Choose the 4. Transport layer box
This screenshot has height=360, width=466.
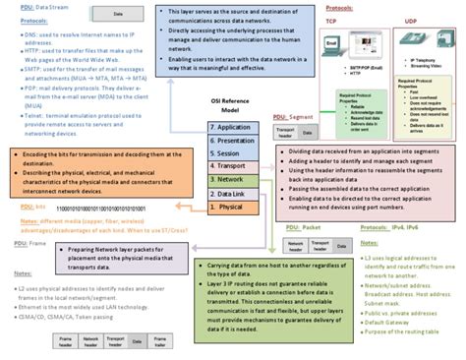point(232,167)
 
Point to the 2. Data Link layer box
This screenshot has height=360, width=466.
point(233,195)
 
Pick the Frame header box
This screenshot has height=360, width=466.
point(37,341)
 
